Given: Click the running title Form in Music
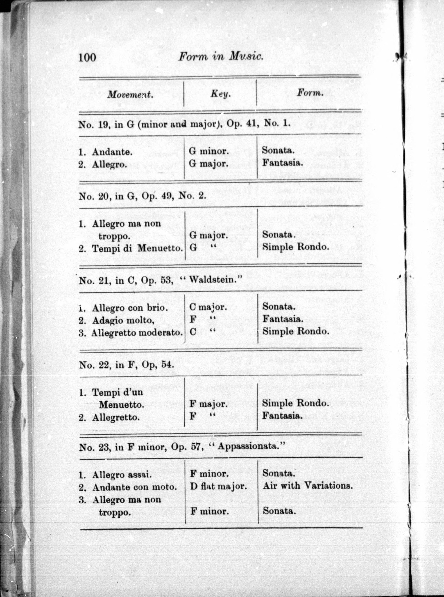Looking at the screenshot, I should point(221,57).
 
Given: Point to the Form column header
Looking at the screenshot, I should point(310,93).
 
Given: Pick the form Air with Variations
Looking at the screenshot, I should point(307,485).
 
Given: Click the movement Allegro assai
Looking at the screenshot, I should point(122,475).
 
